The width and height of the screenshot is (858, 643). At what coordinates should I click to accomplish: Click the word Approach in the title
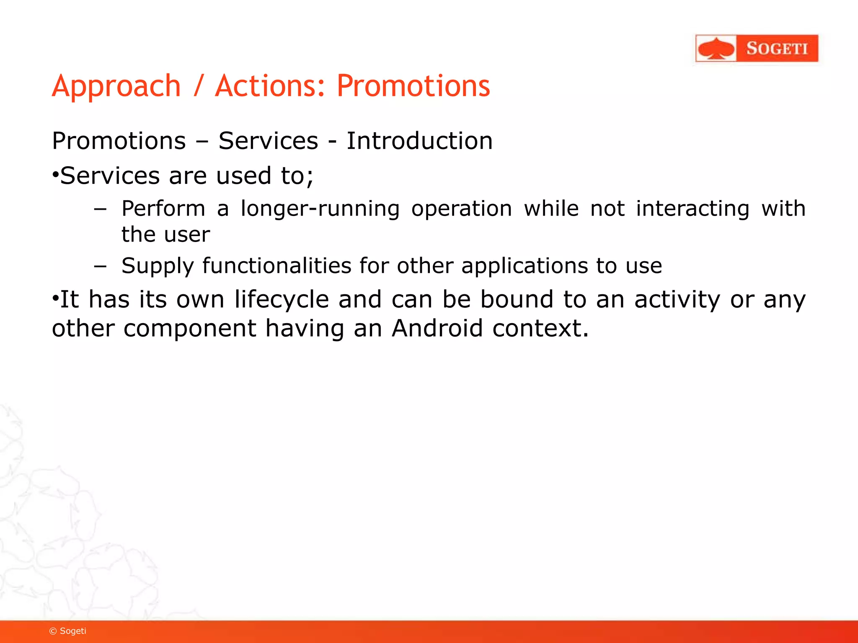point(116,86)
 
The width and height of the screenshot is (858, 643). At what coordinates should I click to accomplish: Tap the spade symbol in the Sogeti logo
point(716,49)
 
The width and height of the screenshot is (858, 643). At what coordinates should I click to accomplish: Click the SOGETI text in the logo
point(777,49)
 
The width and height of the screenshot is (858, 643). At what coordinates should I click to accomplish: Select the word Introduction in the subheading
point(419,141)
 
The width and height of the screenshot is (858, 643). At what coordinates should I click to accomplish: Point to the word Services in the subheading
point(268,141)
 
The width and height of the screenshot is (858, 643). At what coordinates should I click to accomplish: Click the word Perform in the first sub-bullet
point(163,208)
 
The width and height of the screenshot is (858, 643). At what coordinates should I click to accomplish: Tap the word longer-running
point(320,208)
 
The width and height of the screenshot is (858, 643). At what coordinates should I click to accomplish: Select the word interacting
point(693,208)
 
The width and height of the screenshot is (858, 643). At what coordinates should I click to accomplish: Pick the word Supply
point(158,266)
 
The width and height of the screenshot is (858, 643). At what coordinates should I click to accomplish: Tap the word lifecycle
point(282,300)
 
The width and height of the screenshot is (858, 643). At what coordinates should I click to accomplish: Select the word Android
point(437,328)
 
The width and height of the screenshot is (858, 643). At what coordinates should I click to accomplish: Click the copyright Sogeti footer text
point(68,631)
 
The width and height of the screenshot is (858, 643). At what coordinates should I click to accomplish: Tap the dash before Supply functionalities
point(101,266)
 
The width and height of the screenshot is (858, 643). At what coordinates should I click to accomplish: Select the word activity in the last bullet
point(677,300)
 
